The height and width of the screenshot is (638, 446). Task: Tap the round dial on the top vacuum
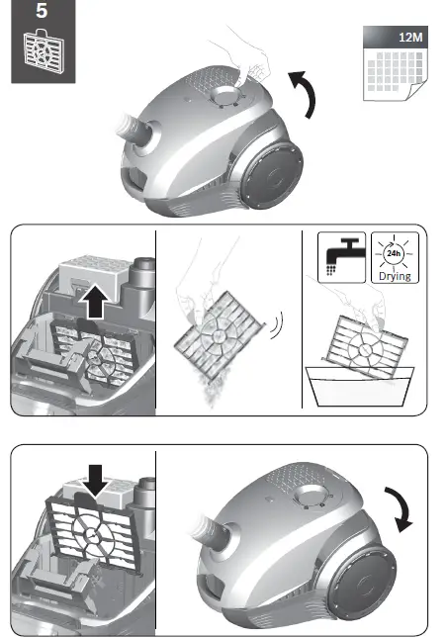pos(225,98)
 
